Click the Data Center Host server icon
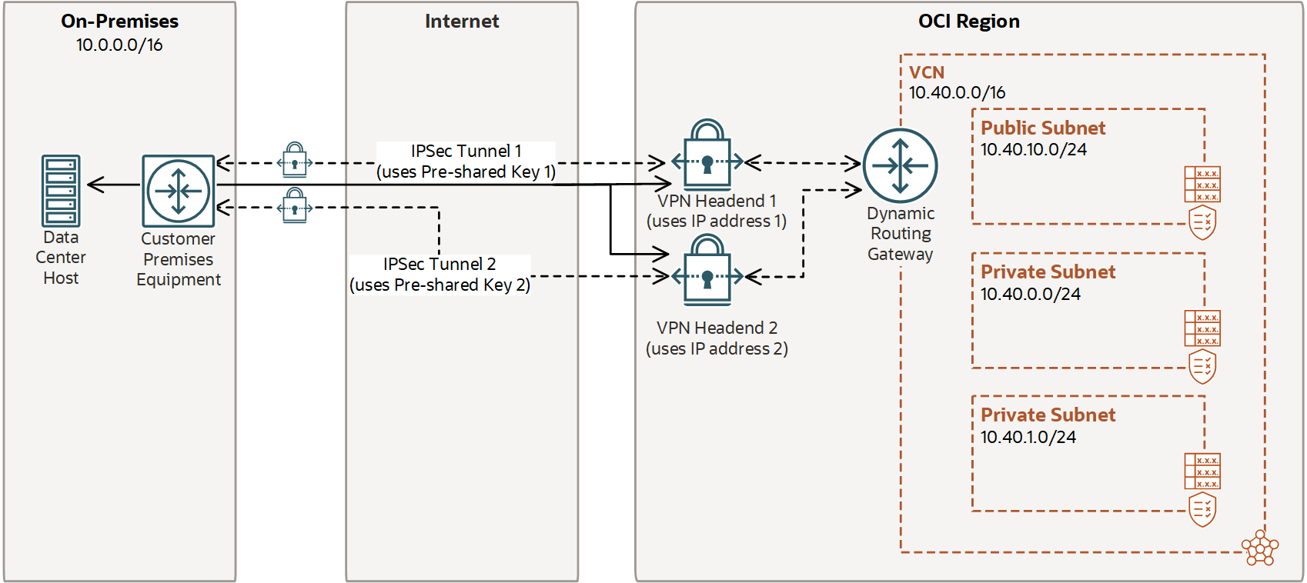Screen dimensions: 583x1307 pos(61,190)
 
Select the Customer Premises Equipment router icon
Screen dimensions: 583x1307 pos(179,190)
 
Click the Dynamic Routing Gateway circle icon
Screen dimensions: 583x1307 pos(900,165)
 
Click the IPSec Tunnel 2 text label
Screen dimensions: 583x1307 pos(440,264)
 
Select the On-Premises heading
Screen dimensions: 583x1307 pos(119,22)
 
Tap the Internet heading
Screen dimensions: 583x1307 pos(462,22)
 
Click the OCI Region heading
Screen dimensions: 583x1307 pos(968,22)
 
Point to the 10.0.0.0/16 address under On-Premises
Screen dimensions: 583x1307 pos(119,45)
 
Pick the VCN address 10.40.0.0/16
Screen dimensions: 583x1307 pos(957,92)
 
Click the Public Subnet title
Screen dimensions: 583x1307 pos(1042,128)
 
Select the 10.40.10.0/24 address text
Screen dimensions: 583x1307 pos(1033,149)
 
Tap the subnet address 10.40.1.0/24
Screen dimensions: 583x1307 pos(1028,437)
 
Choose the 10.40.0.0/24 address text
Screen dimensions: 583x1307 pos(1030,294)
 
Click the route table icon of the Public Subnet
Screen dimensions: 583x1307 pos(1202,185)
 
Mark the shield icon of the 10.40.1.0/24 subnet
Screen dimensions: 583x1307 pos(1202,510)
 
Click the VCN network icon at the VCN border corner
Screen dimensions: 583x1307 pos(1260,548)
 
